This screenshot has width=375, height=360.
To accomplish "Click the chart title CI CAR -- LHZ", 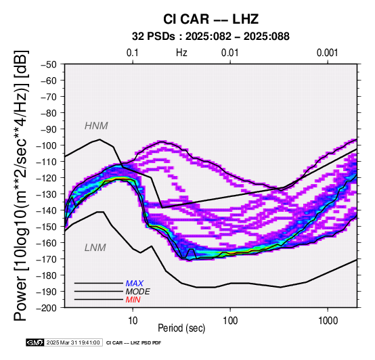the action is [211, 19].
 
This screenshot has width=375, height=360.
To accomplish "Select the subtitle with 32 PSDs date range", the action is [211, 37].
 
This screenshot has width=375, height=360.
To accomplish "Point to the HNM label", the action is [96, 126].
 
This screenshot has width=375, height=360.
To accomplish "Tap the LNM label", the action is [95, 248].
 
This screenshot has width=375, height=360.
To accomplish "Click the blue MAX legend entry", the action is [135, 284].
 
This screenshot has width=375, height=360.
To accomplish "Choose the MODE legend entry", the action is [138, 292].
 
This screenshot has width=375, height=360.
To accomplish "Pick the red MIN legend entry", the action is [133, 300].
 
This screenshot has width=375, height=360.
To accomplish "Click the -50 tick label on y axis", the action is [49, 64].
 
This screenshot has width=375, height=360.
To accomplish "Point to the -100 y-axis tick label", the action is [47, 145].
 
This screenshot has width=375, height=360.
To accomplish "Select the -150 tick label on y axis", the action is [47, 227].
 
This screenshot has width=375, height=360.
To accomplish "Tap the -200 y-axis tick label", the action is [47, 308].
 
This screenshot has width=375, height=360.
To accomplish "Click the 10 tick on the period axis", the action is [133, 321].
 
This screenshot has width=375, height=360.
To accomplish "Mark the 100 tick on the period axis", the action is [230, 321].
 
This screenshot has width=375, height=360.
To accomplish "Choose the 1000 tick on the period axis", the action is [328, 321].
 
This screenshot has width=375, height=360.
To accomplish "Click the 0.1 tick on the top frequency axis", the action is [133, 53].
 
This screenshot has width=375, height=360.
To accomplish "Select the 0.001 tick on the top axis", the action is [327, 53].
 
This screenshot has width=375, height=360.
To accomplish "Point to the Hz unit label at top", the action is [181, 53].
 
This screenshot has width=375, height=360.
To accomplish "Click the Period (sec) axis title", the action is [181, 328].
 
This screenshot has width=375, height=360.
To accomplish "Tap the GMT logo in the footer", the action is [35, 342].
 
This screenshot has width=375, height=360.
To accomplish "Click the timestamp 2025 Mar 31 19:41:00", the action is [73, 342].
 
